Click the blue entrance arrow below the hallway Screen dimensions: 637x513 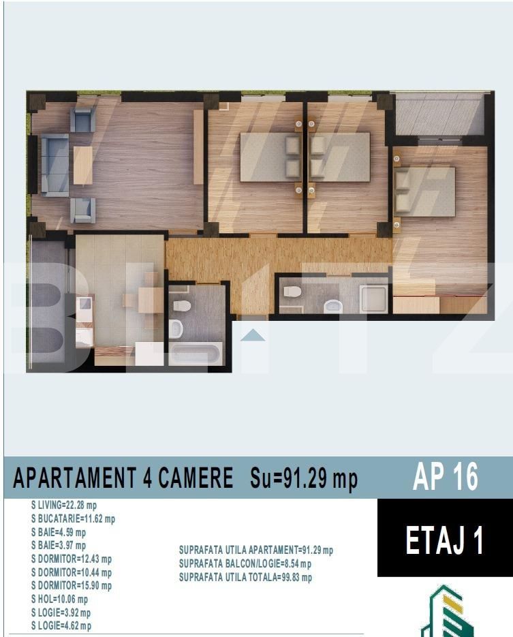pos(253,335)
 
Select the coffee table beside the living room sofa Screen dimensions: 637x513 pos(82,166)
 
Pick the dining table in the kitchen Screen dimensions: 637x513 pos(149,300)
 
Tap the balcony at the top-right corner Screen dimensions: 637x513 pos(439,114)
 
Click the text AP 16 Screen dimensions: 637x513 pos(445,478)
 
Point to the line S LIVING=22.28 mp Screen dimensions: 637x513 pos(64,505)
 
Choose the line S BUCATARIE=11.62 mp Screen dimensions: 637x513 pos(73,518)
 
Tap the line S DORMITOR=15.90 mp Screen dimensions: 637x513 pos(72,585)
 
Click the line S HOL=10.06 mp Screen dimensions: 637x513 pos(61,599)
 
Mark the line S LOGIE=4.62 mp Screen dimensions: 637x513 pos(61,625)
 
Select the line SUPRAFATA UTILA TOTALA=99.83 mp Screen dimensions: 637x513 pos(245,578)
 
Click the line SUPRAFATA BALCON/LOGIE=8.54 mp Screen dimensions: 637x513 pos(245,563)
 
